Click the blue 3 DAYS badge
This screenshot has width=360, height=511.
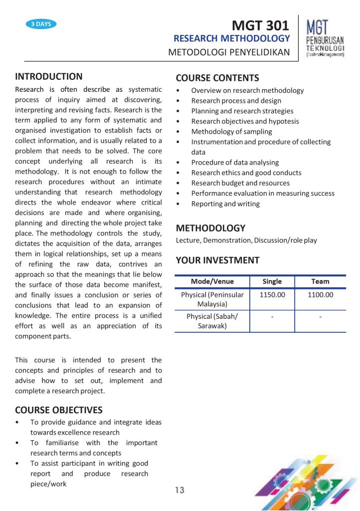pos(41,24)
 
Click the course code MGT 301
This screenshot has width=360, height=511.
pos(261,25)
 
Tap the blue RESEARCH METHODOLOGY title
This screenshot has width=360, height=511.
pos(231,38)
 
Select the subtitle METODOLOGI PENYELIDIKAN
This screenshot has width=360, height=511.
pos(229,52)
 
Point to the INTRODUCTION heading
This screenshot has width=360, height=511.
pos(49,76)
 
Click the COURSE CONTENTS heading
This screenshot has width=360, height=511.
pos(217,78)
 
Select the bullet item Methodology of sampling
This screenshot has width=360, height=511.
pos(231,132)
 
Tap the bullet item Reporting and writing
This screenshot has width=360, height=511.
pos(225,204)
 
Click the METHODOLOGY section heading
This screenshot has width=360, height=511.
pos(210,228)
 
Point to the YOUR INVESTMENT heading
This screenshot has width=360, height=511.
pos(217,260)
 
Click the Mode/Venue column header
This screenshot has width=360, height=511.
pos(212,281)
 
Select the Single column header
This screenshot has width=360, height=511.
pos(272,281)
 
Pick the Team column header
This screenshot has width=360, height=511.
pos(320,281)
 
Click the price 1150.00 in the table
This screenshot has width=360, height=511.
pos(272,295)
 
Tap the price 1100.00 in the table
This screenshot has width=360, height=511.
pos(320,295)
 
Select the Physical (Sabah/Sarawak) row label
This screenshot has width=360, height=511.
pos(212,321)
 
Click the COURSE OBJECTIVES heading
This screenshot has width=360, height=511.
pos(59,410)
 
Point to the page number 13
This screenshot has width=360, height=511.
pos(180,491)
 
